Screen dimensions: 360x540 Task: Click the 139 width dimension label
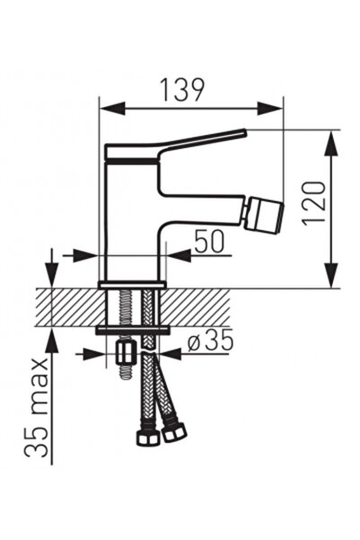[x=183, y=91]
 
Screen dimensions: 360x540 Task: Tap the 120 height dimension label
[x=313, y=203]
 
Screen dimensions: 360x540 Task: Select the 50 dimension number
[x=209, y=241]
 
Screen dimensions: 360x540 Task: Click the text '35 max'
[x=37, y=408]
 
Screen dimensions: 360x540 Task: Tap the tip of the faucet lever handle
[x=245, y=131]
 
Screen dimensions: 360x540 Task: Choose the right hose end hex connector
[x=174, y=432]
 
